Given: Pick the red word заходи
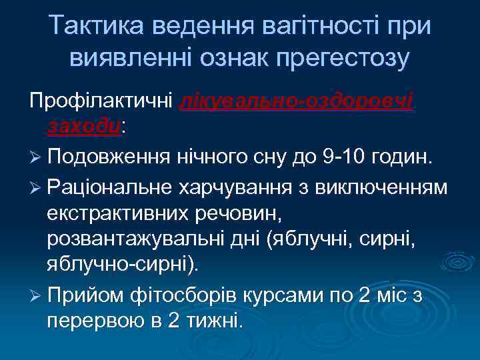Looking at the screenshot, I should tap(84, 126).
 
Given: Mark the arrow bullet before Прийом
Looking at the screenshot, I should tap(35, 294).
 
